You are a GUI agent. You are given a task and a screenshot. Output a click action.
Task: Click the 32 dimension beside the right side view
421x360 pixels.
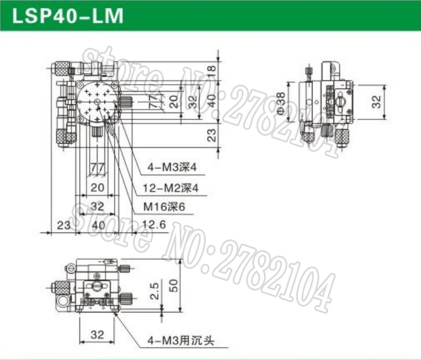pos(377,102)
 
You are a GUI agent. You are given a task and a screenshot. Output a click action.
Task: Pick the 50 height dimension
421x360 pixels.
pos(187,285)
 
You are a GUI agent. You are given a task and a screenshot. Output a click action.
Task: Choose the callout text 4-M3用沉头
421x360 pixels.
pos(180,341)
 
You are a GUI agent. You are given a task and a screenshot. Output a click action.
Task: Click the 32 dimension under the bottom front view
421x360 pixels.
pos(97,334)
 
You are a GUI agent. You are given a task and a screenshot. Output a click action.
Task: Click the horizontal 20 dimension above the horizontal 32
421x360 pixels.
pos(97,187)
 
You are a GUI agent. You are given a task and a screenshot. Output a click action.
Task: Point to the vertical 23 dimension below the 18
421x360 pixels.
pos(212,134)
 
